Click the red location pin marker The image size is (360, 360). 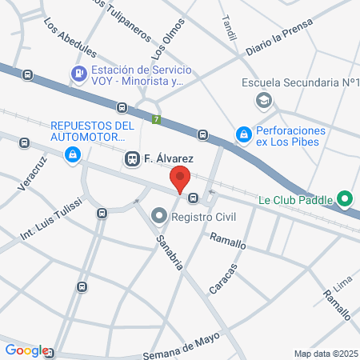(x=180, y=178)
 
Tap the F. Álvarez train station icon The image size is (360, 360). (x=132, y=159)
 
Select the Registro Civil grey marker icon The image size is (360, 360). (x=158, y=216)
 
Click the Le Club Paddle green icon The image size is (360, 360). (x=345, y=198)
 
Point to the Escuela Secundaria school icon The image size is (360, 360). (x=262, y=101)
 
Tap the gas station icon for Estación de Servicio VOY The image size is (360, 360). (x=78, y=74)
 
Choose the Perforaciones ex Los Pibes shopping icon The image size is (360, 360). (x=243, y=136)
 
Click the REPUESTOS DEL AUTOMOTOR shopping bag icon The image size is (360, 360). (x=73, y=153)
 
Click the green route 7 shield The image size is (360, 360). (x=156, y=119)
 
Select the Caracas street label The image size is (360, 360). (x=224, y=278)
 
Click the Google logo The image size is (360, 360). (x=26, y=350)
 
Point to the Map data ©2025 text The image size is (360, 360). (x=326, y=354)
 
